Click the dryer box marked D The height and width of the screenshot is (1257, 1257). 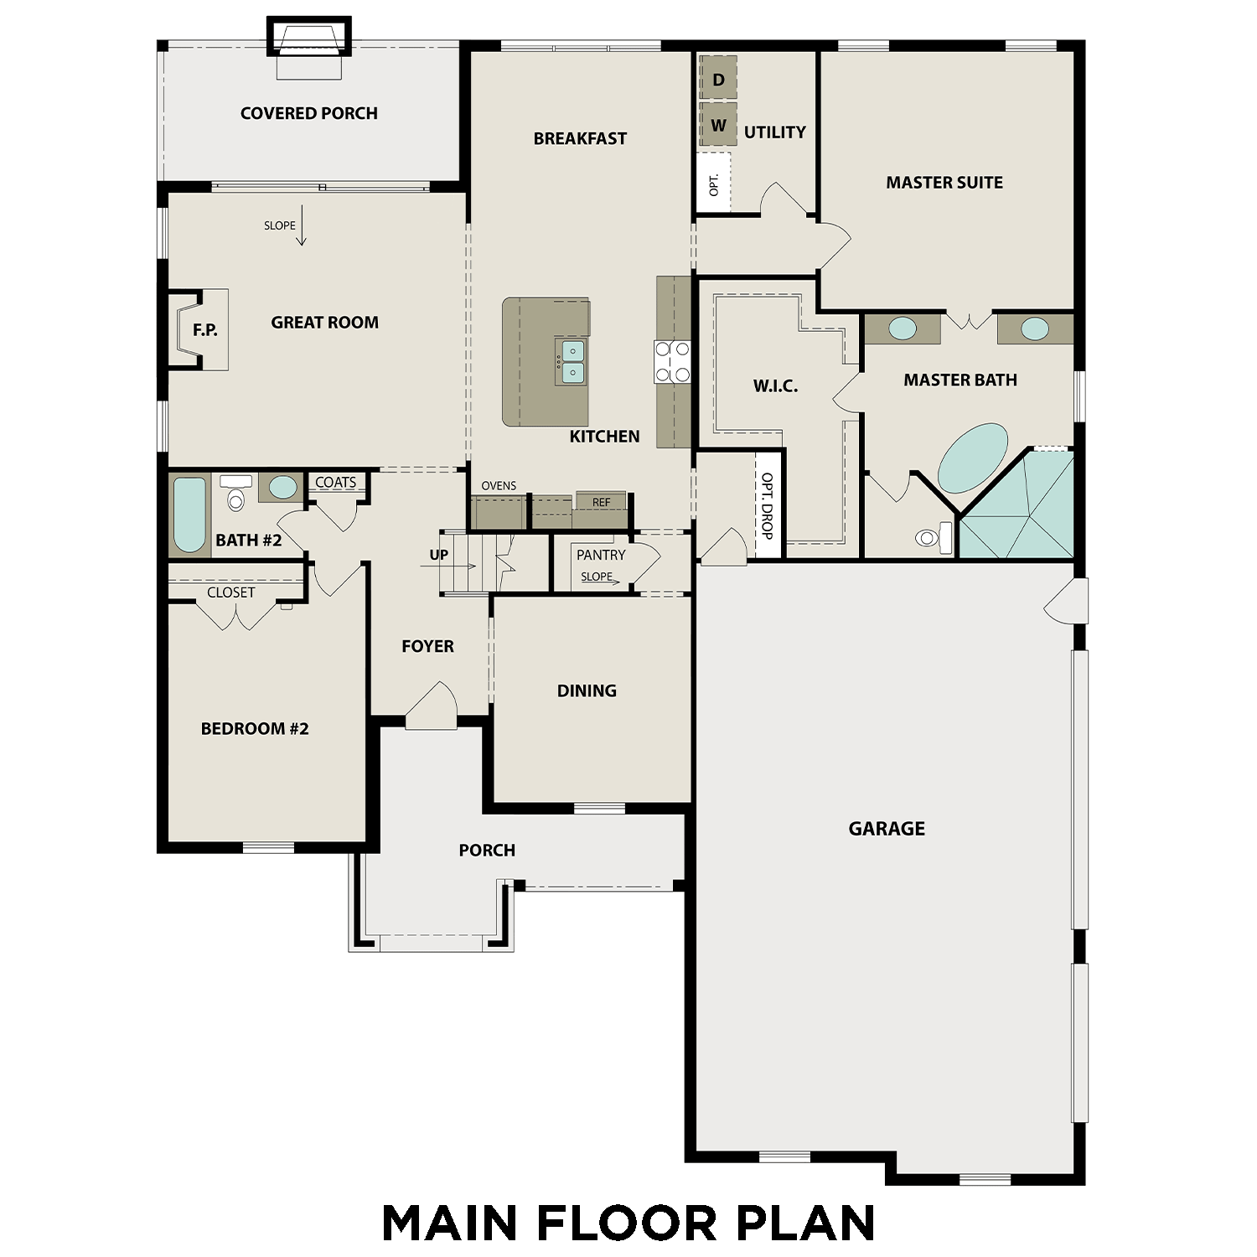coord(718,79)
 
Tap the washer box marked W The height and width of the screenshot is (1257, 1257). coord(718,125)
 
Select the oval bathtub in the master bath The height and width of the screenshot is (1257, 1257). coord(972,458)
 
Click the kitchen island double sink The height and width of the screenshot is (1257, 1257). coord(572,361)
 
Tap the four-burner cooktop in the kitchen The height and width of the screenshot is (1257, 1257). coord(672,362)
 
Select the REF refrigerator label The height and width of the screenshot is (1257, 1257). coord(601,502)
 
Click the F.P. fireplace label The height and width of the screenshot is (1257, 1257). coord(204,330)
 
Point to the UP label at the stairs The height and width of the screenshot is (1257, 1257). coord(438,555)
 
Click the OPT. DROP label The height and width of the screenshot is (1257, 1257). coord(767,505)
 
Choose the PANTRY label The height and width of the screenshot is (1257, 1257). coord(600,555)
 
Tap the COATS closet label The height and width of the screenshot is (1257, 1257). coord(335,483)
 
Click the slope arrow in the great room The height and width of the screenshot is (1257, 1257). coord(302,226)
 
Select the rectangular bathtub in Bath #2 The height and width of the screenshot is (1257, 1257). coord(189,515)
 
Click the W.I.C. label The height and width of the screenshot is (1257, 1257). coord(775,386)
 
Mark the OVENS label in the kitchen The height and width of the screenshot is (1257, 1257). coord(499,486)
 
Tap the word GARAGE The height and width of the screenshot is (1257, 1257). coord(887,829)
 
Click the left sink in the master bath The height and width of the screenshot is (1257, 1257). coord(902,328)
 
